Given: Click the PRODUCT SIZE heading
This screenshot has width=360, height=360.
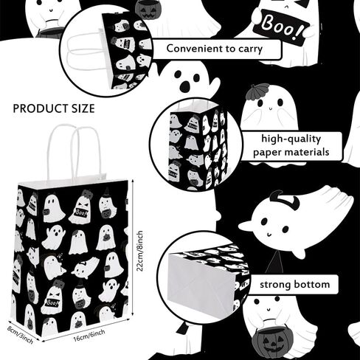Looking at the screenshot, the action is (x=54, y=108).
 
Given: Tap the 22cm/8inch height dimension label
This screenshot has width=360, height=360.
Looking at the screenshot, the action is (x=139, y=251).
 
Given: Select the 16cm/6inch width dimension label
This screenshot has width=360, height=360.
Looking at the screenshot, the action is (x=89, y=336).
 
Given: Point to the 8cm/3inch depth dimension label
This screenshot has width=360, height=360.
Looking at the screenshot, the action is (x=20, y=335).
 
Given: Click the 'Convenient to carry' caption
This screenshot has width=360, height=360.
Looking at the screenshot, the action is (x=215, y=49).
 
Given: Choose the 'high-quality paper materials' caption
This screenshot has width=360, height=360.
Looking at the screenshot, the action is (x=291, y=145).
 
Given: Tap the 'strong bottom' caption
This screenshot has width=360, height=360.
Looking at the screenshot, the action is (x=295, y=285).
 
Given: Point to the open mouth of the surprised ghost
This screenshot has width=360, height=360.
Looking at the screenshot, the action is (x=184, y=86).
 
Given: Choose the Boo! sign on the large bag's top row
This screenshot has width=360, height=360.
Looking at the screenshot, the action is (x=80, y=212).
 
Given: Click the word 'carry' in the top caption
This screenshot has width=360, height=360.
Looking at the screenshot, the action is (x=250, y=49).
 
